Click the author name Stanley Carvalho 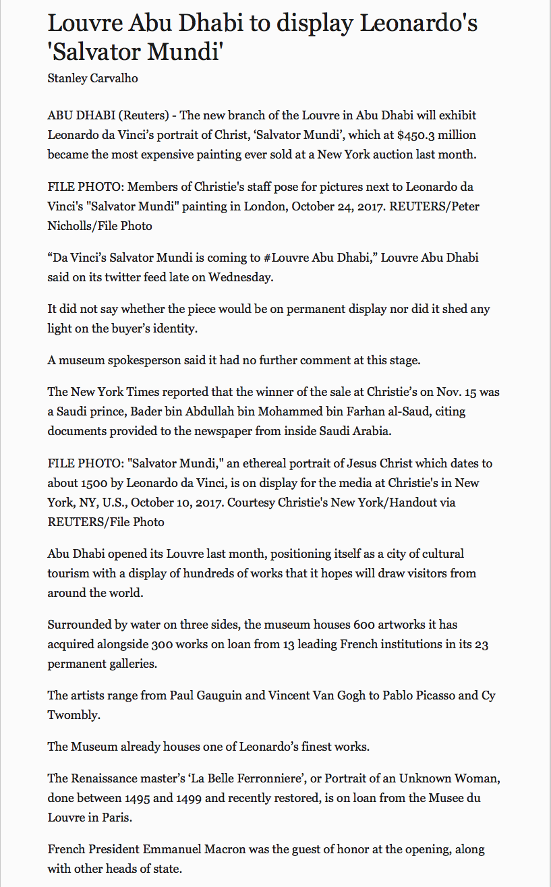[92, 78]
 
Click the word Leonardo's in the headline [418, 24]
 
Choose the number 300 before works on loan [216, 644]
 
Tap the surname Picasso [431, 695]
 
